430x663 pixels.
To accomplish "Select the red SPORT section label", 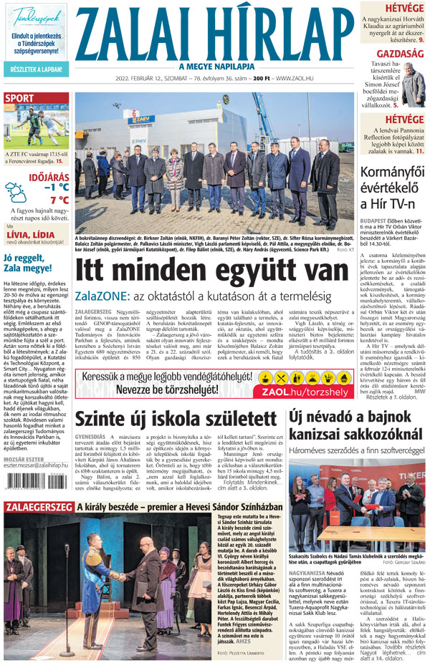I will [19, 98].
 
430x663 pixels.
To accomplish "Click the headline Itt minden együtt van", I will [211, 271].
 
